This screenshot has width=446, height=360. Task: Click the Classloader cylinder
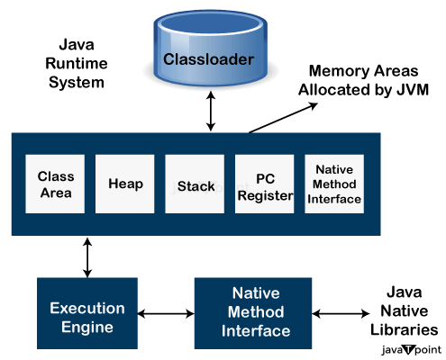209,60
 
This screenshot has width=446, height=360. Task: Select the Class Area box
55,184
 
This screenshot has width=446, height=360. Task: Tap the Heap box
125,184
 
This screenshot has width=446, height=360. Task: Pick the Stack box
195,184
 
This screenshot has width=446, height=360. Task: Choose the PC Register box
265,184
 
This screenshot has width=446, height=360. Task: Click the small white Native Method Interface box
334,184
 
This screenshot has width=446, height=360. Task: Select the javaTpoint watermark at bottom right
409,348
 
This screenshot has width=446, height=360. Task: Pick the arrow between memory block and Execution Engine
87,257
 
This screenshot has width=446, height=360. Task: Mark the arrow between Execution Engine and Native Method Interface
166,314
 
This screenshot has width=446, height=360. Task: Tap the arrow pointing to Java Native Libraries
343,314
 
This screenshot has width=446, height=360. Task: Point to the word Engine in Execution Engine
87,327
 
